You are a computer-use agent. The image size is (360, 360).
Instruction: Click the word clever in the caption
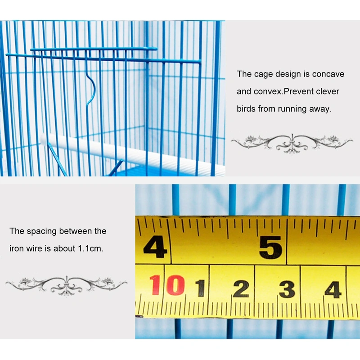coord(328,91)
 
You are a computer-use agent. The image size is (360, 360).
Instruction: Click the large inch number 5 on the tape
coord(271,247)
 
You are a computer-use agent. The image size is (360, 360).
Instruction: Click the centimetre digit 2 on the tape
coord(241,288)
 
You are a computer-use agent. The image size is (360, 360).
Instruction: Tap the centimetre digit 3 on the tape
coord(287,289)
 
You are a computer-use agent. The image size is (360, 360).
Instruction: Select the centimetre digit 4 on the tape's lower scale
coord(333,290)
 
